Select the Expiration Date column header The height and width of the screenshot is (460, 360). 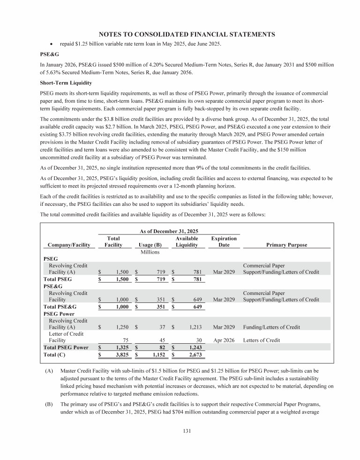click(x=224, y=242)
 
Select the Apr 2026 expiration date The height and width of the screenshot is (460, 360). click(x=224, y=340)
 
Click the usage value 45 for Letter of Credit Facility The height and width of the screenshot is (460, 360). click(x=158, y=340)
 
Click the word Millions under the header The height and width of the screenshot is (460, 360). click(x=150, y=252)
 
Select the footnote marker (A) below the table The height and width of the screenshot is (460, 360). click(x=49, y=371)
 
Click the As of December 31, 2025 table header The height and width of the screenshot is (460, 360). click(x=169, y=231)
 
